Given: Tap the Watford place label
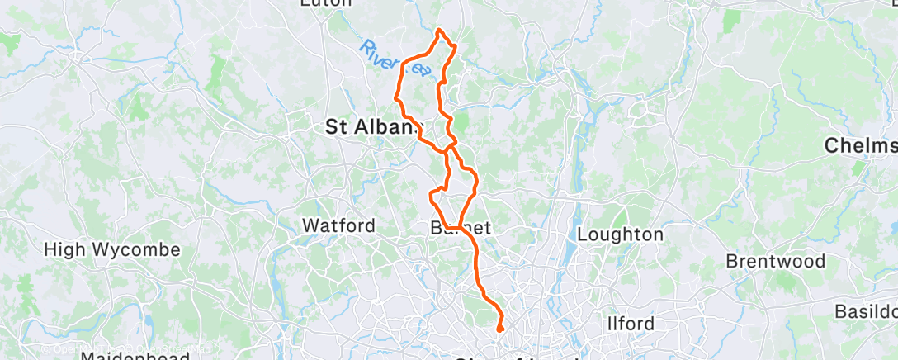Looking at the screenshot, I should coord(338,225).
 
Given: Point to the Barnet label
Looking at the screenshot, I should coord(461,227).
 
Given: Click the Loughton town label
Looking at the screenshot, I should coord(619,234).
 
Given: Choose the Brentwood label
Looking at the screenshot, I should coord(775,262).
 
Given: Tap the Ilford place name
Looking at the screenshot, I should coord(631,323).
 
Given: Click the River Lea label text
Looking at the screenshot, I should coord(395,59).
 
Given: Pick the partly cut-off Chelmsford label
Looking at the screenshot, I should coord(862,146).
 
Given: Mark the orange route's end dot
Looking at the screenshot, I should coord(500,329).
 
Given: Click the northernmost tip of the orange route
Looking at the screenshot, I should coord(439,31).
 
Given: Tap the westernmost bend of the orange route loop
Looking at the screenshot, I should coord(399,97).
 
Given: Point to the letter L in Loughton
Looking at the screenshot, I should coord(582,234).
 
